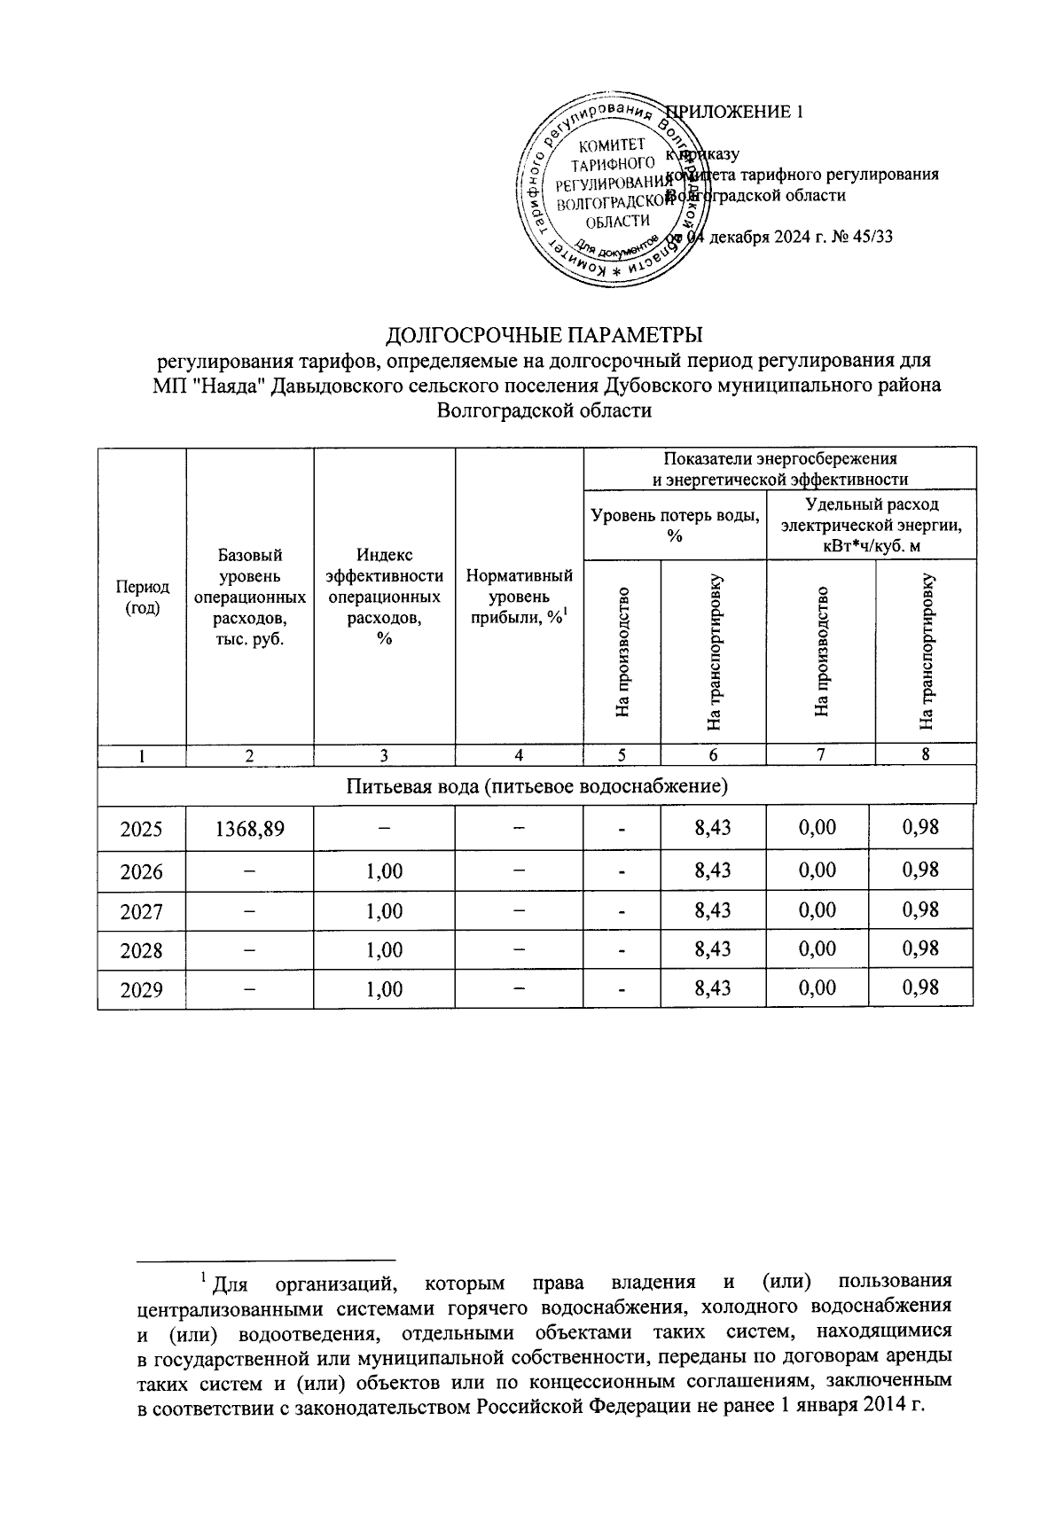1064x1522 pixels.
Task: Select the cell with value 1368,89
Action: coord(250,829)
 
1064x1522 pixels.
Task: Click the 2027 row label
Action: coord(142,911)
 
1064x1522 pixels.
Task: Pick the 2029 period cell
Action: coord(142,989)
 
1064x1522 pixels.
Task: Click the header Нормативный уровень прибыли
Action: coord(520,597)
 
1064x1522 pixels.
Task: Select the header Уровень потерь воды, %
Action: coord(675,524)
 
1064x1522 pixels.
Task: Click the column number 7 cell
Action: coord(821,755)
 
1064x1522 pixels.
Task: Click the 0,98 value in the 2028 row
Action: coord(920,948)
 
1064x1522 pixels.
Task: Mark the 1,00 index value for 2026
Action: coord(384,871)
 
